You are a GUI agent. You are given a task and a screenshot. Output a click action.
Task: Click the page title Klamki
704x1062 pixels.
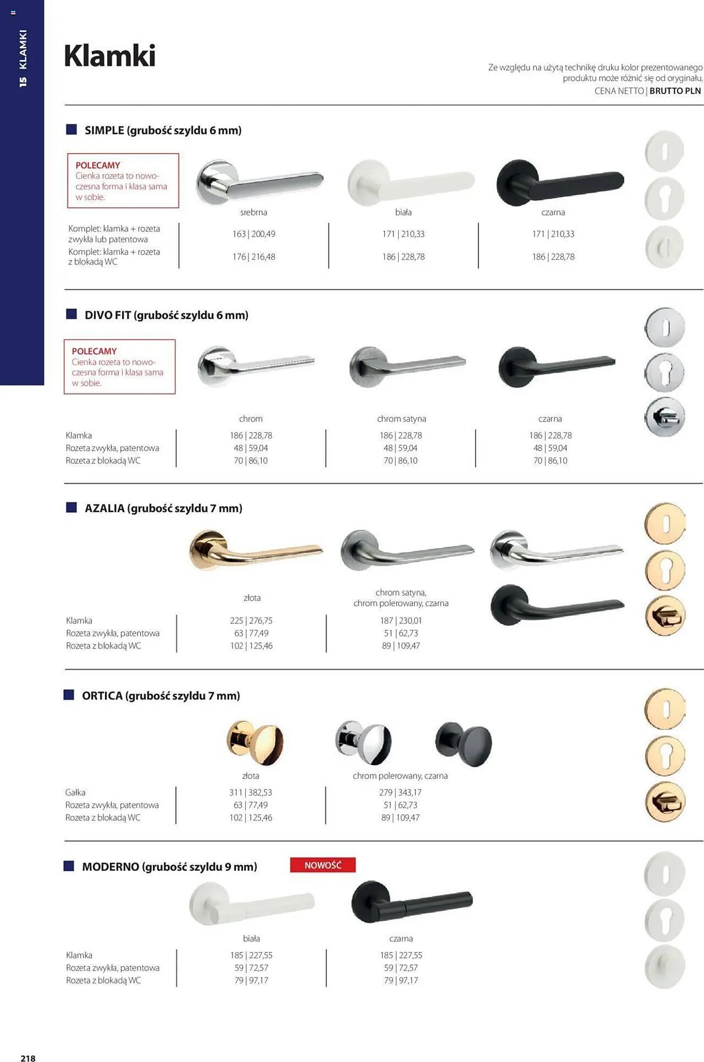pos(109,56)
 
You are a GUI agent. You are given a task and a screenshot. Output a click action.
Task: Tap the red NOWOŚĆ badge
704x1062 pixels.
pos(323,865)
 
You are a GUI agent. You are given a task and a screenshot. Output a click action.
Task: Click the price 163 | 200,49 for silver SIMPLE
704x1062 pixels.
pos(254,234)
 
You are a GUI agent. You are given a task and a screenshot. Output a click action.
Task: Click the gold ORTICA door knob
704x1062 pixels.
pos(255,742)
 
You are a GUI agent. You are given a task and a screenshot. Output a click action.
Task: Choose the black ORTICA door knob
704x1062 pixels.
pos(463,743)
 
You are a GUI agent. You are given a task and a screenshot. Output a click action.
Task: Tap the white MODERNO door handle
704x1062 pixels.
pos(252,903)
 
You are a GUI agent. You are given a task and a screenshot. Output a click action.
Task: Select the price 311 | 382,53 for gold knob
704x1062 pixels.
pos(251,792)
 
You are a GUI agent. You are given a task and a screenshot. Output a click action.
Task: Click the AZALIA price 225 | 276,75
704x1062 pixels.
pos(251,620)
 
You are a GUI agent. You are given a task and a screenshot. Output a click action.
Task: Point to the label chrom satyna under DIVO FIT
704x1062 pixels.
pos(401,418)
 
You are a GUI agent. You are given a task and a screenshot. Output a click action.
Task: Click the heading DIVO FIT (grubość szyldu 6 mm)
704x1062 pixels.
pos(166,315)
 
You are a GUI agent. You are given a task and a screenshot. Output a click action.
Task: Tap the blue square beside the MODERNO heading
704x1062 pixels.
pos(69,866)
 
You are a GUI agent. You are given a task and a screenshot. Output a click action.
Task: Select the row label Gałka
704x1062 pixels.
pos(75,792)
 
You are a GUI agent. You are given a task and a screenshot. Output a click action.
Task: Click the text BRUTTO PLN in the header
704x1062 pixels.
pos(675,91)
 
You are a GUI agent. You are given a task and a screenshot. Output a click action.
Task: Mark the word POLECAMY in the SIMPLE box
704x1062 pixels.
pos(98,165)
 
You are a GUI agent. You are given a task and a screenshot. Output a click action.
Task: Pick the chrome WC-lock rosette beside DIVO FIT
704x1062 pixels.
pos(665,417)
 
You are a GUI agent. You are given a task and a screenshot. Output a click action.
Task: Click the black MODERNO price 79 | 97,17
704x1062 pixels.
pos(401,980)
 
